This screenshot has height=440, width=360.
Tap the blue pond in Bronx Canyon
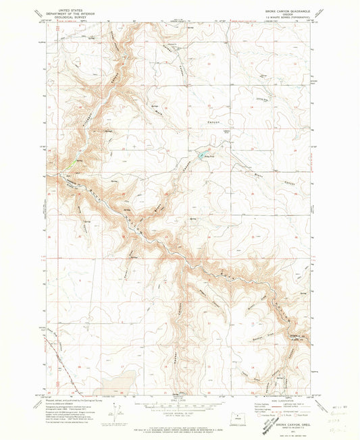click(x=200, y=155)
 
